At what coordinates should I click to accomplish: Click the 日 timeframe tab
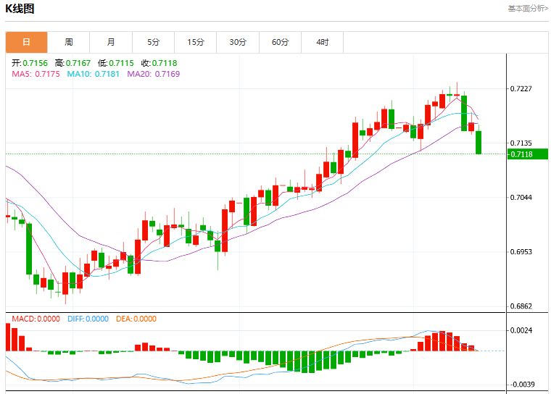pyautogui.click(x=26, y=42)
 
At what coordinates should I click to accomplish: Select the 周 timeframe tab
pyautogui.click(x=69, y=42)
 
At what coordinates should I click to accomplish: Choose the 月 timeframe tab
pyautogui.click(x=111, y=42)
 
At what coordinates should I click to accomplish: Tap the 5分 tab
pyautogui.click(x=153, y=42)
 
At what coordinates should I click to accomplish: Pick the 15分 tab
pyautogui.click(x=195, y=42)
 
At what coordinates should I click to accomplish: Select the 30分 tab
pyautogui.click(x=238, y=42)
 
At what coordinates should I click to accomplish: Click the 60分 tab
pyautogui.click(x=280, y=42)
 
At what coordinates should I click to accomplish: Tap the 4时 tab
pyautogui.click(x=322, y=42)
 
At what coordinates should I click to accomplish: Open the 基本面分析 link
pyautogui.click(x=528, y=9)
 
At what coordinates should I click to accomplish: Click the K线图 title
pyautogui.click(x=20, y=9)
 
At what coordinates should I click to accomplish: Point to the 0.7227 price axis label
pyautogui.click(x=521, y=88)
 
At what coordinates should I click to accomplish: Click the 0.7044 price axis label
pyautogui.click(x=521, y=197)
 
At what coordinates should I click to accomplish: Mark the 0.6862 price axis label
pyautogui.click(x=521, y=306)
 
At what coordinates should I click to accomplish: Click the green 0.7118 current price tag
pyautogui.click(x=528, y=154)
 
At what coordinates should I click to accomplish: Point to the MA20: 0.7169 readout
pyautogui.click(x=153, y=74)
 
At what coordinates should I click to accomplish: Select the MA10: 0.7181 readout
pyautogui.click(x=93, y=74)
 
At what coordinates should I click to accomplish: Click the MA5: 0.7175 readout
pyautogui.click(x=36, y=74)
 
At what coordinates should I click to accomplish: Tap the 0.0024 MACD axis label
pyautogui.click(x=521, y=330)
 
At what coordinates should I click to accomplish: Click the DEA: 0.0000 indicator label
pyautogui.click(x=136, y=319)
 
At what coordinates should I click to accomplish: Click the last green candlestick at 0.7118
pyautogui.click(x=478, y=142)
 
